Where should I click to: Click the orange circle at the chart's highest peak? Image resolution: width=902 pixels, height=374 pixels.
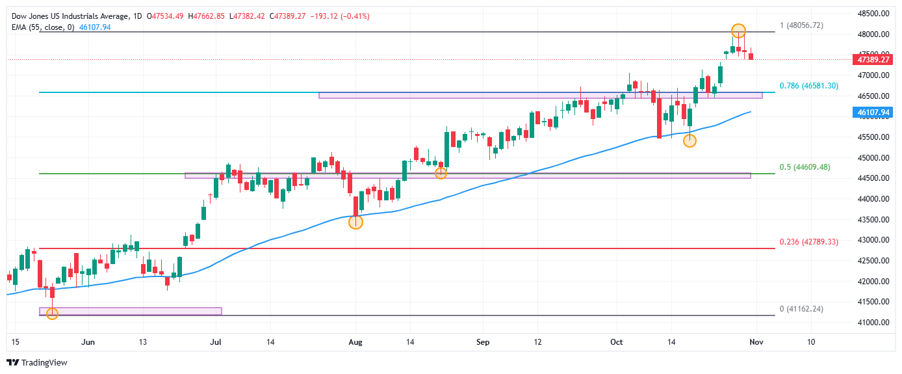(x=738, y=31)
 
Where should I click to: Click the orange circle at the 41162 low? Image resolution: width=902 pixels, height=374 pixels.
(x=53, y=314)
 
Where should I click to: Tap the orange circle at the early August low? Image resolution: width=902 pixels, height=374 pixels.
(x=355, y=222)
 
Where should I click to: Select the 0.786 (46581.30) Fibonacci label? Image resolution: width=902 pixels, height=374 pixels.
(x=808, y=86)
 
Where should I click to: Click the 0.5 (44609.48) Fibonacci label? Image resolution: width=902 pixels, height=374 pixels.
(x=805, y=167)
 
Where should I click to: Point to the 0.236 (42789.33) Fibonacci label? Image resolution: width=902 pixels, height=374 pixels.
(x=808, y=242)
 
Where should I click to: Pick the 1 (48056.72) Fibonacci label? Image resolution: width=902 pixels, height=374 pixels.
(x=805, y=25)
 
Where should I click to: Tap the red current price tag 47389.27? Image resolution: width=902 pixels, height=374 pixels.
(x=872, y=59)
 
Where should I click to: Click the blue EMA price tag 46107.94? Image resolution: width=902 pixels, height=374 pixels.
(x=872, y=113)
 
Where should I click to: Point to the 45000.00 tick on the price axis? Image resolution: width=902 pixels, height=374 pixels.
(x=873, y=158)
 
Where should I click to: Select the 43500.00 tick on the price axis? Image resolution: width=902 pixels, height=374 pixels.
(x=873, y=220)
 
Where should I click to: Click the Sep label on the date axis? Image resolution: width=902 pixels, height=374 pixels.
(x=482, y=341)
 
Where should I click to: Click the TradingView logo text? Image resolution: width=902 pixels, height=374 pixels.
(x=44, y=363)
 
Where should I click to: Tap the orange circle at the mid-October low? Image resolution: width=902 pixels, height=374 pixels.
(x=689, y=140)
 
